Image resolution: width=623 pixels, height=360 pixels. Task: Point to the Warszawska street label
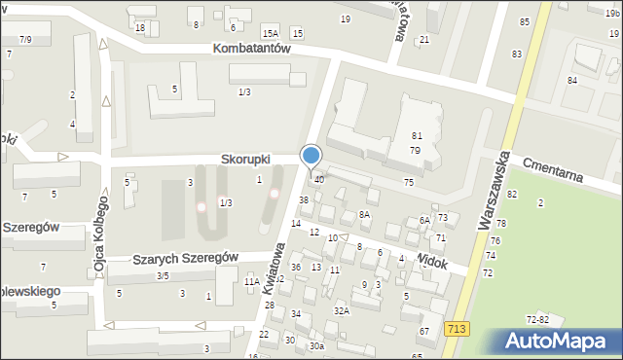tap(494, 190)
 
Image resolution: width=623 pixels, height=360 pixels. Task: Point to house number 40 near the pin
tap(319, 180)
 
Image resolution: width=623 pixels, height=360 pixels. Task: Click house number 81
tap(416, 136)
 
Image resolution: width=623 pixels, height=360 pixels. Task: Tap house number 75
tap(409, 183)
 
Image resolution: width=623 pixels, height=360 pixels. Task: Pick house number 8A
tap(365, 214)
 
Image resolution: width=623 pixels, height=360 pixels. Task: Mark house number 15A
tap(270, 34)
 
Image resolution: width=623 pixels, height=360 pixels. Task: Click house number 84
tap(572, 80)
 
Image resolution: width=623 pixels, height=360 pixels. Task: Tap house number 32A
tap(341, 310)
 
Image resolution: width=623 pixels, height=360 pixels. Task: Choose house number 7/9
tap(25, 39)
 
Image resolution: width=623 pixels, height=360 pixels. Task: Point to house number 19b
tap(611, 13)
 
